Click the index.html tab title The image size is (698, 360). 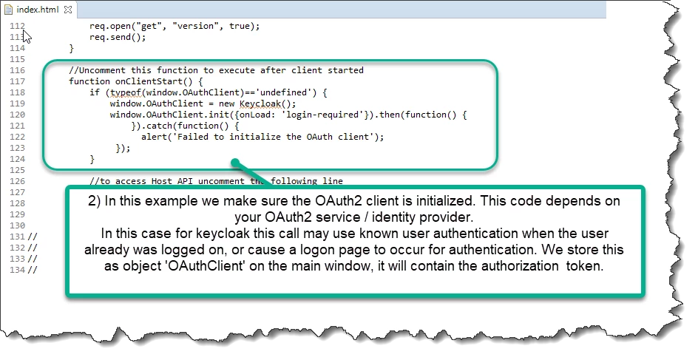coord(38,10)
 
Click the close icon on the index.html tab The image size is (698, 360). coord(68,10)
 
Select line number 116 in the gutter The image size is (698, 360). coord(17,70)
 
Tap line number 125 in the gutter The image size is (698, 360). coord(17,170)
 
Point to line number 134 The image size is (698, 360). coord(17,270)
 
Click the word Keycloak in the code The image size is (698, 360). coord(260,103)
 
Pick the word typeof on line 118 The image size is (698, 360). coord(126,92)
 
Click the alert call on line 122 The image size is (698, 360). coord(154,137)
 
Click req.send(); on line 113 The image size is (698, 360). coord(118,37)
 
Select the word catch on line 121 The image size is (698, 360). coord(160,126)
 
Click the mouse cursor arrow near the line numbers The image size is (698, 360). coord(27,36)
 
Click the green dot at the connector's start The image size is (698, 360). coord(235,163)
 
